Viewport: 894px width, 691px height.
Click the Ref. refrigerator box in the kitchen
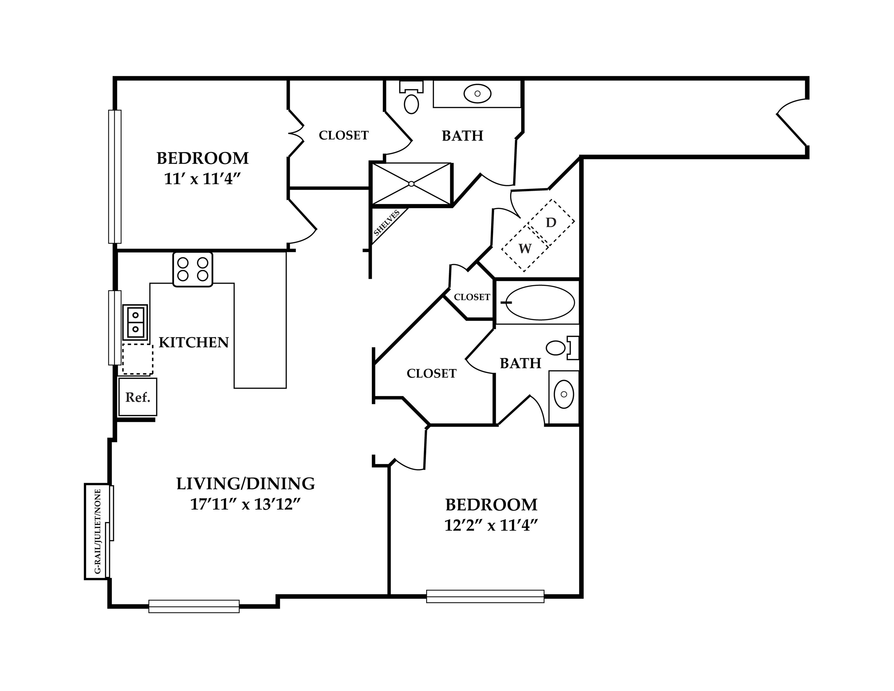138,397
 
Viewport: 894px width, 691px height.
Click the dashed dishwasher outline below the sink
138,359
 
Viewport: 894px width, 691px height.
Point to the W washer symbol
525,248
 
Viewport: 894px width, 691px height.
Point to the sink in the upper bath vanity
477,94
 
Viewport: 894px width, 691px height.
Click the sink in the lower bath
564,394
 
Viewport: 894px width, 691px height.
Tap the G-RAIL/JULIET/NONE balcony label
97,531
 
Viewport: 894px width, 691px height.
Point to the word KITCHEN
194,343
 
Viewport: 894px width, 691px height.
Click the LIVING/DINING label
246,484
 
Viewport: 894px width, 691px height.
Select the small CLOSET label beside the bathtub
472,297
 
